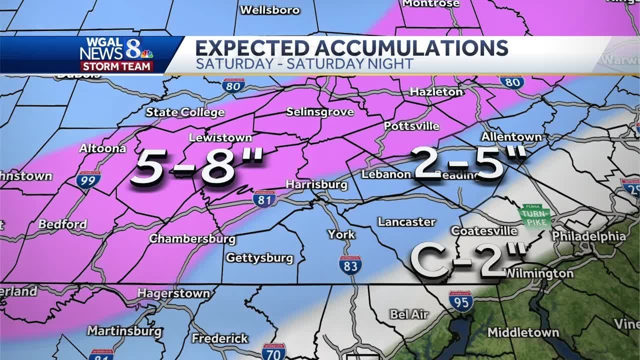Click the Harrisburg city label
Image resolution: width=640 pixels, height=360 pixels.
click(316, 184)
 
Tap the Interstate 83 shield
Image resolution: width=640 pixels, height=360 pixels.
click(350, 264)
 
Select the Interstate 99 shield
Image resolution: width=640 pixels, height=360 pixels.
click(88, 179)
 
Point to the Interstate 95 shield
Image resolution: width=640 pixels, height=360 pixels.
click(460, 301)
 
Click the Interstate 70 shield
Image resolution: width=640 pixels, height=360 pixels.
click(273, 351)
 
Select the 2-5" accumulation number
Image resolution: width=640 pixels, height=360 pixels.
click(468, 163)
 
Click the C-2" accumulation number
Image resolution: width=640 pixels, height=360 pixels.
click(467, 259)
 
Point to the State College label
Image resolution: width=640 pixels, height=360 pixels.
click(185, 112)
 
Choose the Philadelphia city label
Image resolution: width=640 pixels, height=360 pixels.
click(588, 236)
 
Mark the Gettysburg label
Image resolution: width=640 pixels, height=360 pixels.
click(259, 258)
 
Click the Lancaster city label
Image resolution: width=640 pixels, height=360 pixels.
click(406, 221)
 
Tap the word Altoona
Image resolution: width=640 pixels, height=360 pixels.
click(102, 148)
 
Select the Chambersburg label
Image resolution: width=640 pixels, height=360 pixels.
click(192, 238)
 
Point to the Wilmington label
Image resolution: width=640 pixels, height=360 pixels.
click(538, 273)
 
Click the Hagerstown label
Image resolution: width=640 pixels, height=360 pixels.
click(173, 293)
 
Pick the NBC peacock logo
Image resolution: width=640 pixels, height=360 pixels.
click(146, 53)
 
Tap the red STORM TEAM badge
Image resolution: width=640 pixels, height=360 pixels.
click(117, 66)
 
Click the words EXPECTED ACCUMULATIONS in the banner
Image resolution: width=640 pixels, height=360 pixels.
click(351, 48)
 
